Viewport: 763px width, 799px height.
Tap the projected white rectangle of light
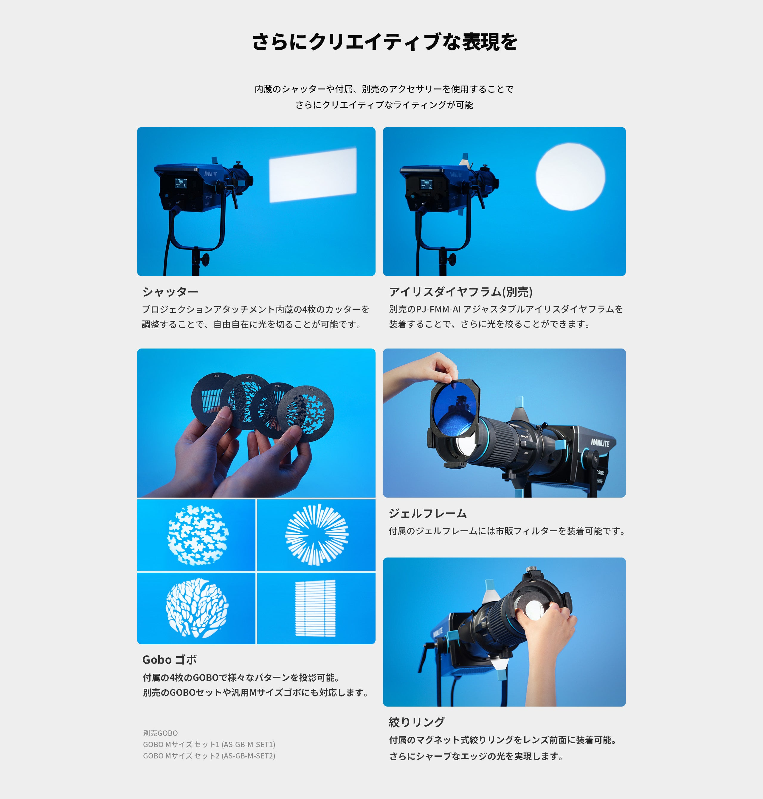[x=313, y=175]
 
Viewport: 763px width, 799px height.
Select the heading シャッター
[x=170, y=292]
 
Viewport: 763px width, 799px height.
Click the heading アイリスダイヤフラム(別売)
[x=460, y=292]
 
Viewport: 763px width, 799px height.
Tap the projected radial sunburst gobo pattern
[x=317, y=535]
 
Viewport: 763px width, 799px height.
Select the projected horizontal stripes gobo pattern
[x=315, y=608]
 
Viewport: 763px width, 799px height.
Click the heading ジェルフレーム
[x=428, y=513]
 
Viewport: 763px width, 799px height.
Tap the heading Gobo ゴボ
[x=170, y=659]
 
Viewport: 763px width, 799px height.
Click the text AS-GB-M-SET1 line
[x=209, y=744]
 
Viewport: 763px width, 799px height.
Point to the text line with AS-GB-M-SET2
[x=209, y=755]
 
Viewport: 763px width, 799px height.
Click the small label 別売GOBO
[x=160, y=733]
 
